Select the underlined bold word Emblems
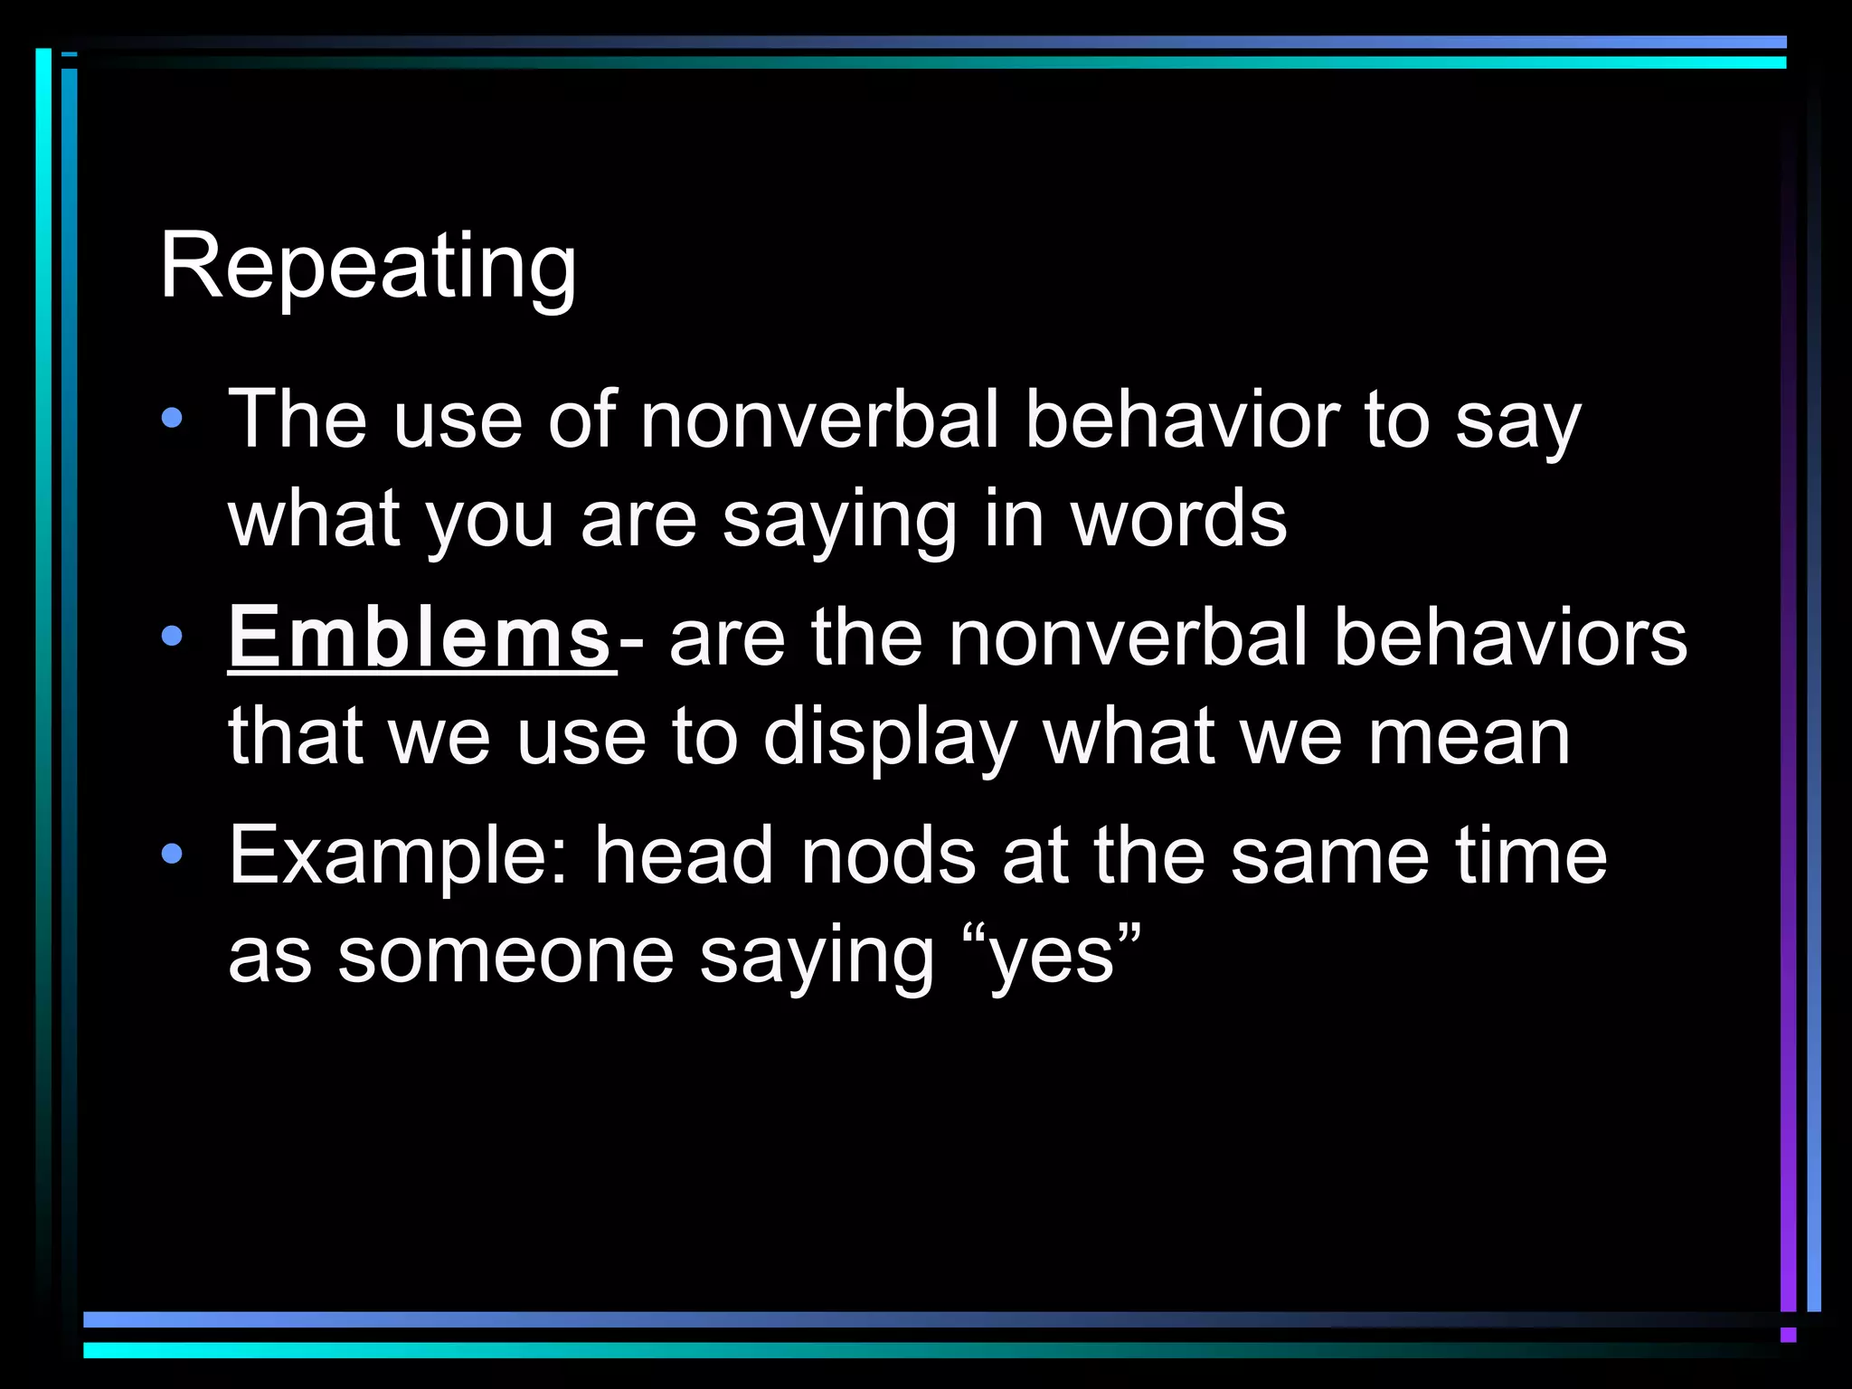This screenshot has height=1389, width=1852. click(x=420, y=638)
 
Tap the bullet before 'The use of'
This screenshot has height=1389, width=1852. click(x=171, y=419)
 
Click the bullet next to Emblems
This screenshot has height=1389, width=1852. click(x=171, y=637)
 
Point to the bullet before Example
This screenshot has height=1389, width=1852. click(x=171, y=854)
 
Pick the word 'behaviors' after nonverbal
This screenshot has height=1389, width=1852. click(x=1509, y=638)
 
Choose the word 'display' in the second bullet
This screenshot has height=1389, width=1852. click(x=890, y=738)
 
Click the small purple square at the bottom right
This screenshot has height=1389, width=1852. click(x=1788, y=1335)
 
